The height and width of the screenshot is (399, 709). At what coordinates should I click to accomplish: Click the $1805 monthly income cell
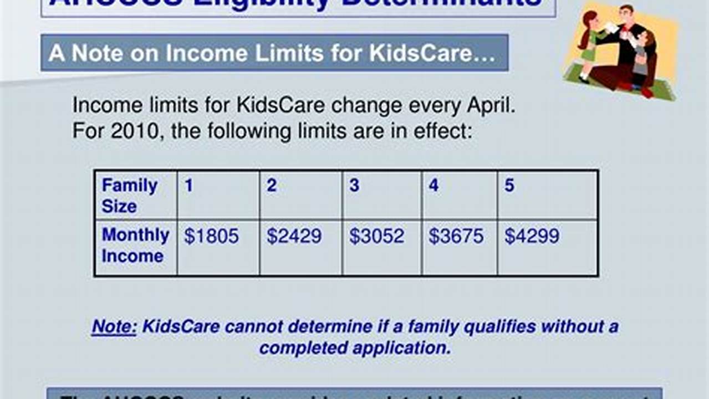(211, 237)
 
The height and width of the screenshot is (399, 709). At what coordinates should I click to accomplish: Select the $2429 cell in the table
(294, 237)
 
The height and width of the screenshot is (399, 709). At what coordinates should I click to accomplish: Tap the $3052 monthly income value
(376, 237)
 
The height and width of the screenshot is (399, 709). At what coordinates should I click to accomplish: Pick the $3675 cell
(456, 237)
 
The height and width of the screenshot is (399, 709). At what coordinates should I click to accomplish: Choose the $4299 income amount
(532, 237)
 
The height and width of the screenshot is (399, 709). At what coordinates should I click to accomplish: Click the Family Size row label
(129, 195)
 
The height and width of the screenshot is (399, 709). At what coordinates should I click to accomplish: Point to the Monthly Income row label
(135, 245)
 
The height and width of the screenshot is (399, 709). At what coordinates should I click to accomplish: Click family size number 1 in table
(189, 186)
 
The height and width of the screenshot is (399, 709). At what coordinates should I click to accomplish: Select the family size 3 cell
(354, 186)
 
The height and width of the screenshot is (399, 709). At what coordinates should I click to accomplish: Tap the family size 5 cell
(509, 186)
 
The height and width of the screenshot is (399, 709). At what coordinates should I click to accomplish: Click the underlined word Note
(114, 326)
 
